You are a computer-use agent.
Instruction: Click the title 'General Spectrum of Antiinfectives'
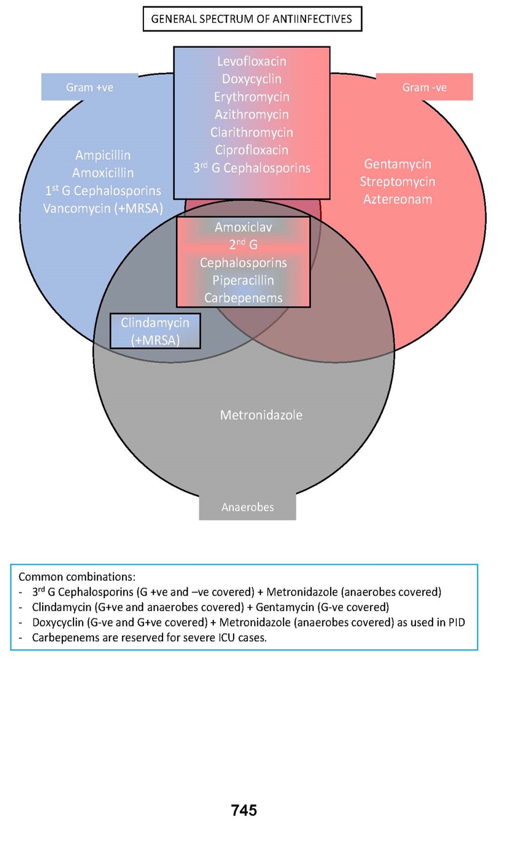tap(252, 19)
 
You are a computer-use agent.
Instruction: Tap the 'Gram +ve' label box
tap(90, 87)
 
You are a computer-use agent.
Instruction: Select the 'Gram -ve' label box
tap(424, 87)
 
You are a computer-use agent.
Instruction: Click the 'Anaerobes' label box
tap(247, 507)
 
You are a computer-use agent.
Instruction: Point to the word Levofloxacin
tap(252, 61)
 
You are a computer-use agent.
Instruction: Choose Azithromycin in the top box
tap(252, 115)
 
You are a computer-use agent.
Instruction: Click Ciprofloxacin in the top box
tap(252, 150)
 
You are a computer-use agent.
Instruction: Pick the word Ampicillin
tap(103, 155)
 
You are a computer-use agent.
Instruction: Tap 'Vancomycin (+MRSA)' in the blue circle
tap(103, 209)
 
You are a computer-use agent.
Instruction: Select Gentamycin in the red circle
tap(398, 164)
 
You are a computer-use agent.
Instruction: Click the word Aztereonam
tap(398, 199)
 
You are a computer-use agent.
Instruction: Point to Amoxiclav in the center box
tap(243, 227)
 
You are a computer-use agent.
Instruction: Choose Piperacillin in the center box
tap(243, 280)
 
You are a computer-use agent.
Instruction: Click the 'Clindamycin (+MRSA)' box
tap(155, 331)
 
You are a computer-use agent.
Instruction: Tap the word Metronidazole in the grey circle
tap(261, 415)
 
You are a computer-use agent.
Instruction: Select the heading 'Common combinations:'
tap(77, 577)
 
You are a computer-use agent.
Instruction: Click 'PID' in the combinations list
tap(456, 622)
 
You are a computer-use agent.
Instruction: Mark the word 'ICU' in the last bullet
tap(226, 638)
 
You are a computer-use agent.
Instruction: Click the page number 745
tap(244, 811)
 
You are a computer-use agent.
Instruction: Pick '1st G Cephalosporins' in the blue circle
tap(103, 191)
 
